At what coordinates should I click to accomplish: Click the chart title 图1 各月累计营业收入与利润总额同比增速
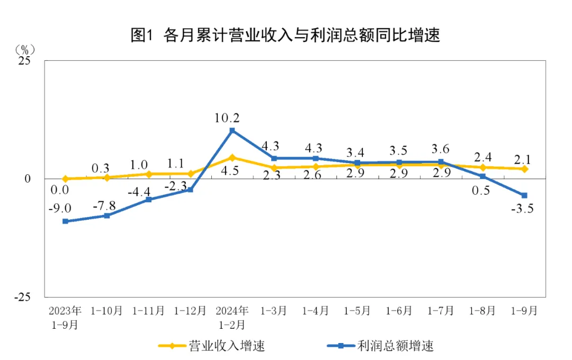point(285,35)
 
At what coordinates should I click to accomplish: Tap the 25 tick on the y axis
point(24,61)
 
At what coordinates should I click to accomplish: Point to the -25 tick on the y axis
point(23,297)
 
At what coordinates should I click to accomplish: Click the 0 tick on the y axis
point(28,179)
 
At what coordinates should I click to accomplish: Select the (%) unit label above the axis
point(25,49)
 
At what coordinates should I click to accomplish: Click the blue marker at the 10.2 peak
point(232,130)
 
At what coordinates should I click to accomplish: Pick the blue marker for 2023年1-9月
point(65,221)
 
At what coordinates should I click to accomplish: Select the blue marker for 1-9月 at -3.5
point(524,195)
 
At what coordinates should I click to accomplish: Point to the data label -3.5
point(522,209)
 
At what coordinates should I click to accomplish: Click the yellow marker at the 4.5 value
point(232,157)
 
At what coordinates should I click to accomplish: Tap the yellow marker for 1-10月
point(107,177)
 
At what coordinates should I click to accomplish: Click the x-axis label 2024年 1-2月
point(232,317)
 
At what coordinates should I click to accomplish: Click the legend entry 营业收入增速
point(212,346)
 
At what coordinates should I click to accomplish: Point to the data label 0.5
point(481,191)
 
